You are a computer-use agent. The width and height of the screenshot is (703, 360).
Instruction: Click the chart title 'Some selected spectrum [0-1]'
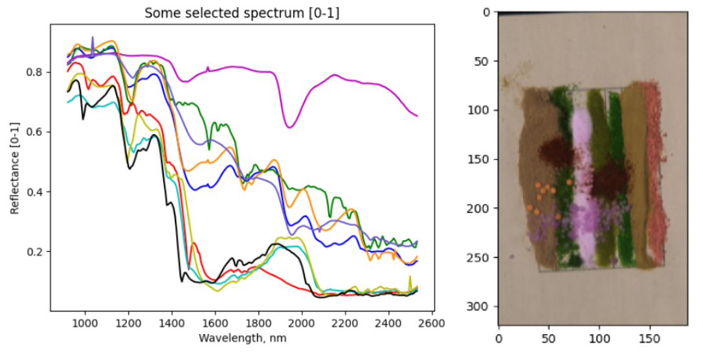(x=242, y=13)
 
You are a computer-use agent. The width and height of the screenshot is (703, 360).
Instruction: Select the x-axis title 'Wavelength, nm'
(x=242, y=338)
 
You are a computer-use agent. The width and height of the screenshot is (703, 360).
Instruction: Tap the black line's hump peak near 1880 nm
(x=275, y=244)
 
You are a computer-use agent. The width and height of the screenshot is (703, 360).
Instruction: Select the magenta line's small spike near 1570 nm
(x=208, y=67)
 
